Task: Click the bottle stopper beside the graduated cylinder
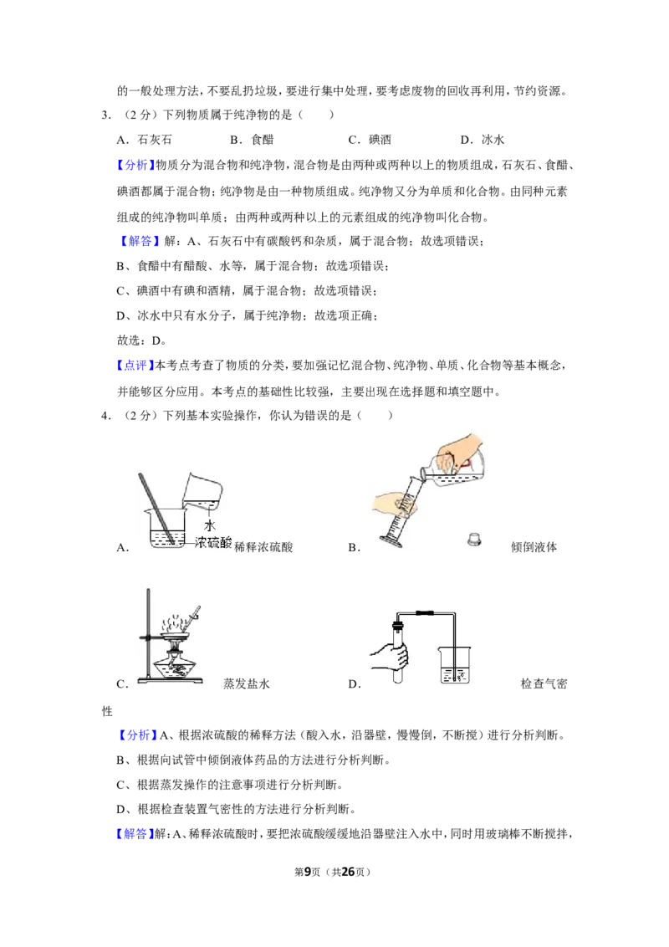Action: pyautogui.click(x=475, y=539)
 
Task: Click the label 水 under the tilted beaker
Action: pyautogui.click(x=210, y=525)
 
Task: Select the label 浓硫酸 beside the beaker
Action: pyautogui.click(x=213, y=543)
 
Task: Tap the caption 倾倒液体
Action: pyautogui.click(x=534, y=547)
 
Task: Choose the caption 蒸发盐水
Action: pyautogui.click(x=247, y=683)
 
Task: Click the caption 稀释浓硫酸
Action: pyautogui.click(x=264, y=547)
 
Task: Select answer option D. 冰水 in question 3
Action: pyautogui.click(x=482, y=140)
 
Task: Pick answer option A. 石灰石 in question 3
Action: pyautogui.click(x=145, y=140)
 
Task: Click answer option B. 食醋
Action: pyautogui.click(x=252, y=140)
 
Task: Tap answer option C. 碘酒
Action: pyautogui.click(x=370, y=140)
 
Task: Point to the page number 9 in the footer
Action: pyautogui.click(x=308, y=872)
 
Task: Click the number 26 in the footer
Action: pyautogui.click(x=349, y=872)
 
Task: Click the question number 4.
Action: pyautogui.click(x=105, y=416)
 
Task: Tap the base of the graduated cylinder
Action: pyautogui.click(x=391, y=542)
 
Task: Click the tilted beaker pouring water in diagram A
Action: pyautogui.click(x=202, y=490)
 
